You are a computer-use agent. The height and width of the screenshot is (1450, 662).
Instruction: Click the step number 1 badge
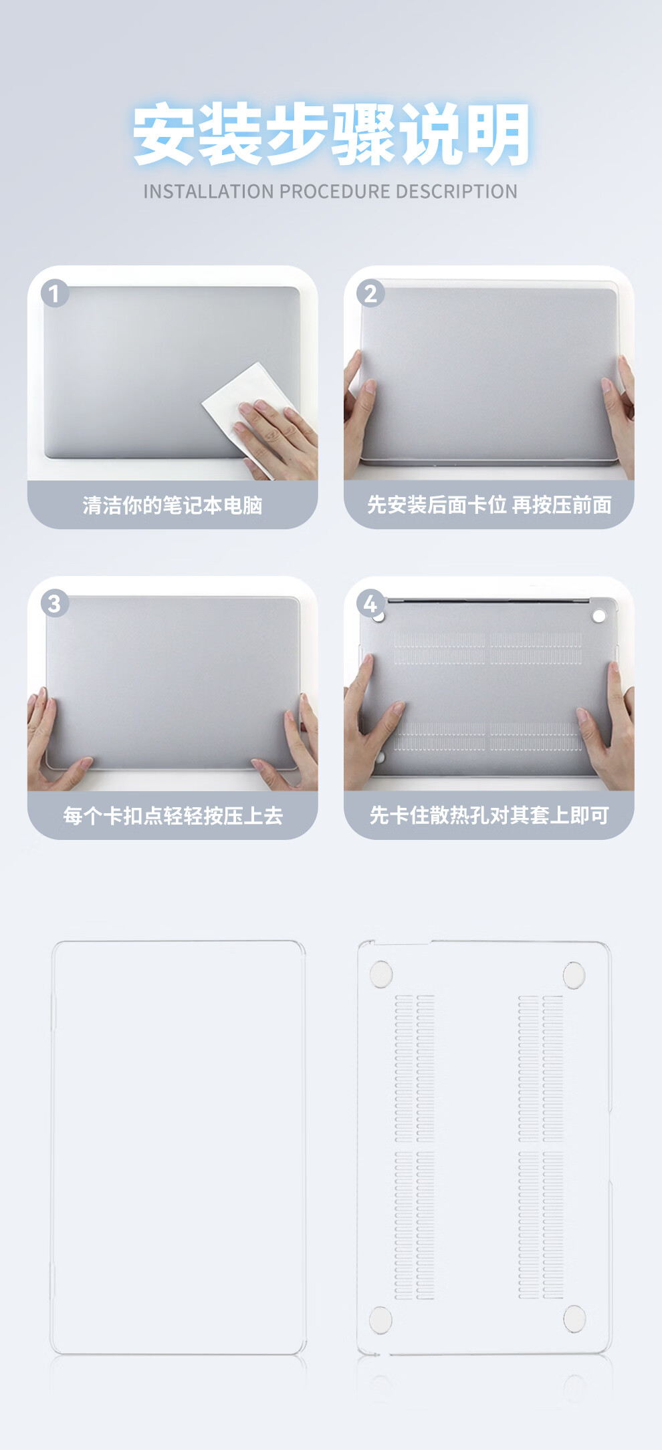tap(55, 293)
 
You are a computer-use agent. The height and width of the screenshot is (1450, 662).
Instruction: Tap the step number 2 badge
tap(370, 293)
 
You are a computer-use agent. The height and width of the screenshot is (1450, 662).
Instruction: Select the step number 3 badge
tap(55, 603)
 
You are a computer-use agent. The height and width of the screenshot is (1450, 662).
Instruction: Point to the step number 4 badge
tap(370, 603)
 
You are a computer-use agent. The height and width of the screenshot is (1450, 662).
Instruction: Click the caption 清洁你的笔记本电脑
tap(173, 505)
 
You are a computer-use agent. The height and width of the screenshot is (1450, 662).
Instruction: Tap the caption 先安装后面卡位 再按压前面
tap(489, 505)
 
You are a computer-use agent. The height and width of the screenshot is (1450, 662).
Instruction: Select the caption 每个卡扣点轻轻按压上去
tap(173, 815)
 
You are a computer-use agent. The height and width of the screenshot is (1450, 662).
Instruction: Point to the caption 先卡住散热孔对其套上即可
tap(489, 815)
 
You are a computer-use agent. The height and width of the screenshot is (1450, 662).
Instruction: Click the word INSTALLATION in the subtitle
tap(209, 192)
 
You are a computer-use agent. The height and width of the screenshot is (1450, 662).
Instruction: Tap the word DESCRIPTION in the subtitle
tap(456, 192)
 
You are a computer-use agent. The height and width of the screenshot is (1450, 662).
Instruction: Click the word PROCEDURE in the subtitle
tap(335, 192)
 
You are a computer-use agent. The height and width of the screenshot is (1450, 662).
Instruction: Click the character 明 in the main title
tap(498, 134)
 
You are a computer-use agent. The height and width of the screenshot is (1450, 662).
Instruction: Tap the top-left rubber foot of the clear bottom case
tap(381, 974)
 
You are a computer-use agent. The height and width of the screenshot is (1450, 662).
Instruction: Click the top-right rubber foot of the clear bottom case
tap(574, 976)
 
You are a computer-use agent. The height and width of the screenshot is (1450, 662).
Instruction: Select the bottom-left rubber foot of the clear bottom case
tap(380, 1320)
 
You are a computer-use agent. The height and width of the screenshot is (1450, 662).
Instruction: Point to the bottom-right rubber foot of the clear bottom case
tap(574, 1319)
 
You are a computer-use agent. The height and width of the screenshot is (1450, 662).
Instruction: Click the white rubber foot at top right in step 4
tap(599, 615)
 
